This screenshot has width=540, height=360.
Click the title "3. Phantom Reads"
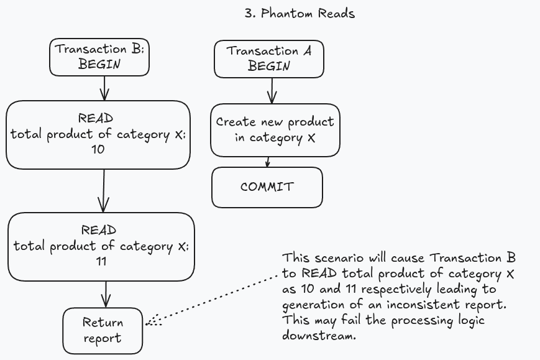click(300, 14)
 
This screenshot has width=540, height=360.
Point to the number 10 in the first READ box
click(98, 149)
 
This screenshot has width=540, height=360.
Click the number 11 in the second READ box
click(101, 262)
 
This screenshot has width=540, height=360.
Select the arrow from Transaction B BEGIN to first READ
click(104, 88)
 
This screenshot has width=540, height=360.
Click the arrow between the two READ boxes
click(104, 190)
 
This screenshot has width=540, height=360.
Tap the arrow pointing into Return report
click(106, 294)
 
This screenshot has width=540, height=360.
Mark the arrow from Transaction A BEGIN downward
click(272, 91)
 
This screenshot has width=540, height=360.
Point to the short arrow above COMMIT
click(268, 162)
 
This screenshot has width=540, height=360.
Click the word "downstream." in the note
click(319, 336)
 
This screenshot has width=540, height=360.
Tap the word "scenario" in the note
click(339, 258)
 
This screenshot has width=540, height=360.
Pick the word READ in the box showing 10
click(96, 118)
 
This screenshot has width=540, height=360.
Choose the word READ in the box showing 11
click(99, 230)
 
